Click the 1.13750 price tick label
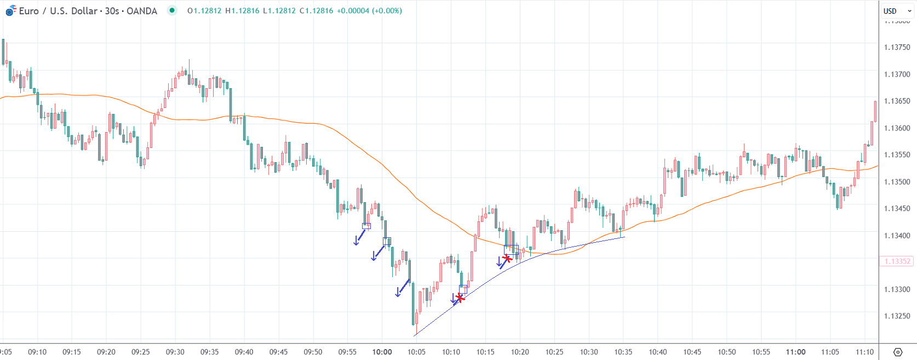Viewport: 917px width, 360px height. (897, 48)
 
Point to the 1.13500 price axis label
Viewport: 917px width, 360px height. (897, 182)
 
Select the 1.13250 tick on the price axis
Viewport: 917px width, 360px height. (897, 316)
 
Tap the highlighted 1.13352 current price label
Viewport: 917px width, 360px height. (897, 261)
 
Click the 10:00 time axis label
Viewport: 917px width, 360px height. (382, 352)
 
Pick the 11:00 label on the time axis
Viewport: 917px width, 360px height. (795, 352)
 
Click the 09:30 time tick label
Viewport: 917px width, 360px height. (175, 352)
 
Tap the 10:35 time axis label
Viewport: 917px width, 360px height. (623, 352)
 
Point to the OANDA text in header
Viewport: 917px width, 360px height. (141, 11)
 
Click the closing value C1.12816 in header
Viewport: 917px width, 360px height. (316, 11)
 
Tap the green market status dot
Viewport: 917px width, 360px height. (172, 10)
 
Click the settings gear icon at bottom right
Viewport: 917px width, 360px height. (898, 352)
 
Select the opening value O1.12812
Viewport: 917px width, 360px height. (204, 11)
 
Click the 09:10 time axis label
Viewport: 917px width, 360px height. (37, 352)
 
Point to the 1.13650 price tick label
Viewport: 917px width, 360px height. (897, 101)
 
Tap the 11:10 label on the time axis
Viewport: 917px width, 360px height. (864, 352)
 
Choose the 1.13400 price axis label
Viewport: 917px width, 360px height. (897, 236)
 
